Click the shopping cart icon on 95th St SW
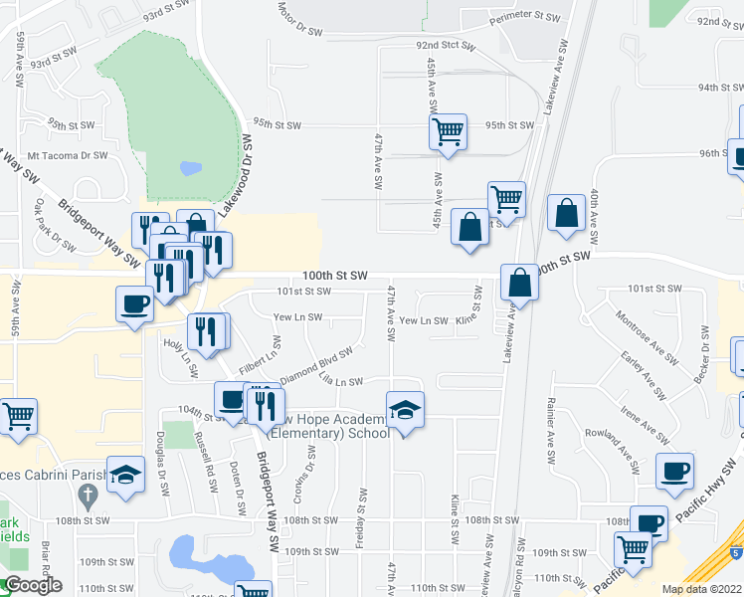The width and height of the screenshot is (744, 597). (448, 131)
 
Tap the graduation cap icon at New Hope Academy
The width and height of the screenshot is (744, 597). (405, 410)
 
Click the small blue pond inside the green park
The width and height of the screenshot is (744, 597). (190, 168)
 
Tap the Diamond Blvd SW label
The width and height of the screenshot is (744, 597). (316, 365)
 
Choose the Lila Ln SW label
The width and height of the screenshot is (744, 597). (340, 382)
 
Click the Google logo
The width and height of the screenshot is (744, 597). (32, 585)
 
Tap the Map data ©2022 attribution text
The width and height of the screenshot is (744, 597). (702, 589)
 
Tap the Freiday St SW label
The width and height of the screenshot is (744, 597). (362, 509)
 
